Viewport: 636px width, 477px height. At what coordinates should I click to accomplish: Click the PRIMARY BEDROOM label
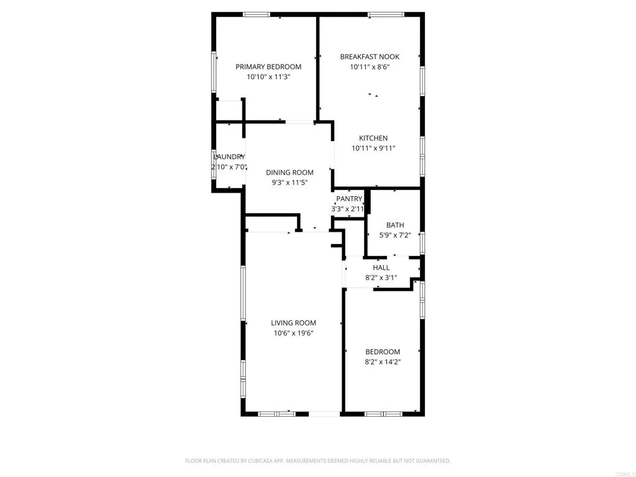[268, 66]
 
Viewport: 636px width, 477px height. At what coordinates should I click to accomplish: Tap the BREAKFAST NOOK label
[370, 57]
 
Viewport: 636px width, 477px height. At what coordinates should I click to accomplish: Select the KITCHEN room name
[373, 138]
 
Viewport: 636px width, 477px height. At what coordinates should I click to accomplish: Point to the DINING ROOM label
[289, 172]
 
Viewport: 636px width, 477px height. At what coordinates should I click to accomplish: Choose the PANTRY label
[348, 199]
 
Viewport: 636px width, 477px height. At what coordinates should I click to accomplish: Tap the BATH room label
[395, 225]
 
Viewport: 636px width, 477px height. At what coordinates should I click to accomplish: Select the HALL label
[381, 268]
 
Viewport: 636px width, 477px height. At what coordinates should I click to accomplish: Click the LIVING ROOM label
[293, 322]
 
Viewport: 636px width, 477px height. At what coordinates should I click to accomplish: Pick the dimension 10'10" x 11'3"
[268, 77]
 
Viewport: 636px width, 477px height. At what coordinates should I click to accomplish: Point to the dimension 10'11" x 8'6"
[370, 66]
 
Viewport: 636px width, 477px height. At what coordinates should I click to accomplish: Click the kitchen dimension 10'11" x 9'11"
[373, 148]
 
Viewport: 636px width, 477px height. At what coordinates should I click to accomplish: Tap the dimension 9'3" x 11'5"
[289, 183]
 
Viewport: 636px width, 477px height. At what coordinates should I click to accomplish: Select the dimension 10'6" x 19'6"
[293, 333]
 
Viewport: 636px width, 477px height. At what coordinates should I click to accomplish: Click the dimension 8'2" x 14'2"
[383, 361]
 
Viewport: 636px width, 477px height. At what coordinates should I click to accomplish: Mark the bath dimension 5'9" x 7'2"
[395, 235]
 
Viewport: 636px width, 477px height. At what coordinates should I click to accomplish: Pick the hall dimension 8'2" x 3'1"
[381, 278]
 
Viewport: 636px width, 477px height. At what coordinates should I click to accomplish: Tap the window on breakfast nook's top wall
[386, 14]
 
